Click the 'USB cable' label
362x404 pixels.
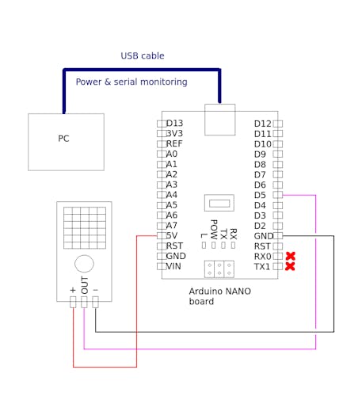[x=143, y=55]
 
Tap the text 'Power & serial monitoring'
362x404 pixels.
[x=131, y=82]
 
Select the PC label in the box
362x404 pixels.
[x=63, y=139]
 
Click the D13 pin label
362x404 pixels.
[x=174, y=124]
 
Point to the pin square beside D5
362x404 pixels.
[x=277, y=195]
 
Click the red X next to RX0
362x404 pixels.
[x=290, y=256]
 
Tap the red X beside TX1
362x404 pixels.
[x=290, y=266]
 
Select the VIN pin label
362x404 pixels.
[x=173, y=266]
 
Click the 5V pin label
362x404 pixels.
[x=172, y=235]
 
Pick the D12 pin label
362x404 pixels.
[x=262, y=124]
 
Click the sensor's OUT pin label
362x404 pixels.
[x=85, y=285]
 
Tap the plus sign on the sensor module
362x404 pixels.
[x=73, y=290]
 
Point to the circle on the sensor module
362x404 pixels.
[x=84, y=264]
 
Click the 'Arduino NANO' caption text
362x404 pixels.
[x=220, y=292]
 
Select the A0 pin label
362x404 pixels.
[x=172, y=154]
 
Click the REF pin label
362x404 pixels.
[x=174, y=143]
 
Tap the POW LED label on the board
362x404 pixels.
[x=214, y=229]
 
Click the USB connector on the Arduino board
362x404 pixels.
[x=219, y=120]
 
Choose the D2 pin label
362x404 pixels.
[x=260, y=226]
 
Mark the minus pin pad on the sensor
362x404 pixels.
[x=95, y=302]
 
